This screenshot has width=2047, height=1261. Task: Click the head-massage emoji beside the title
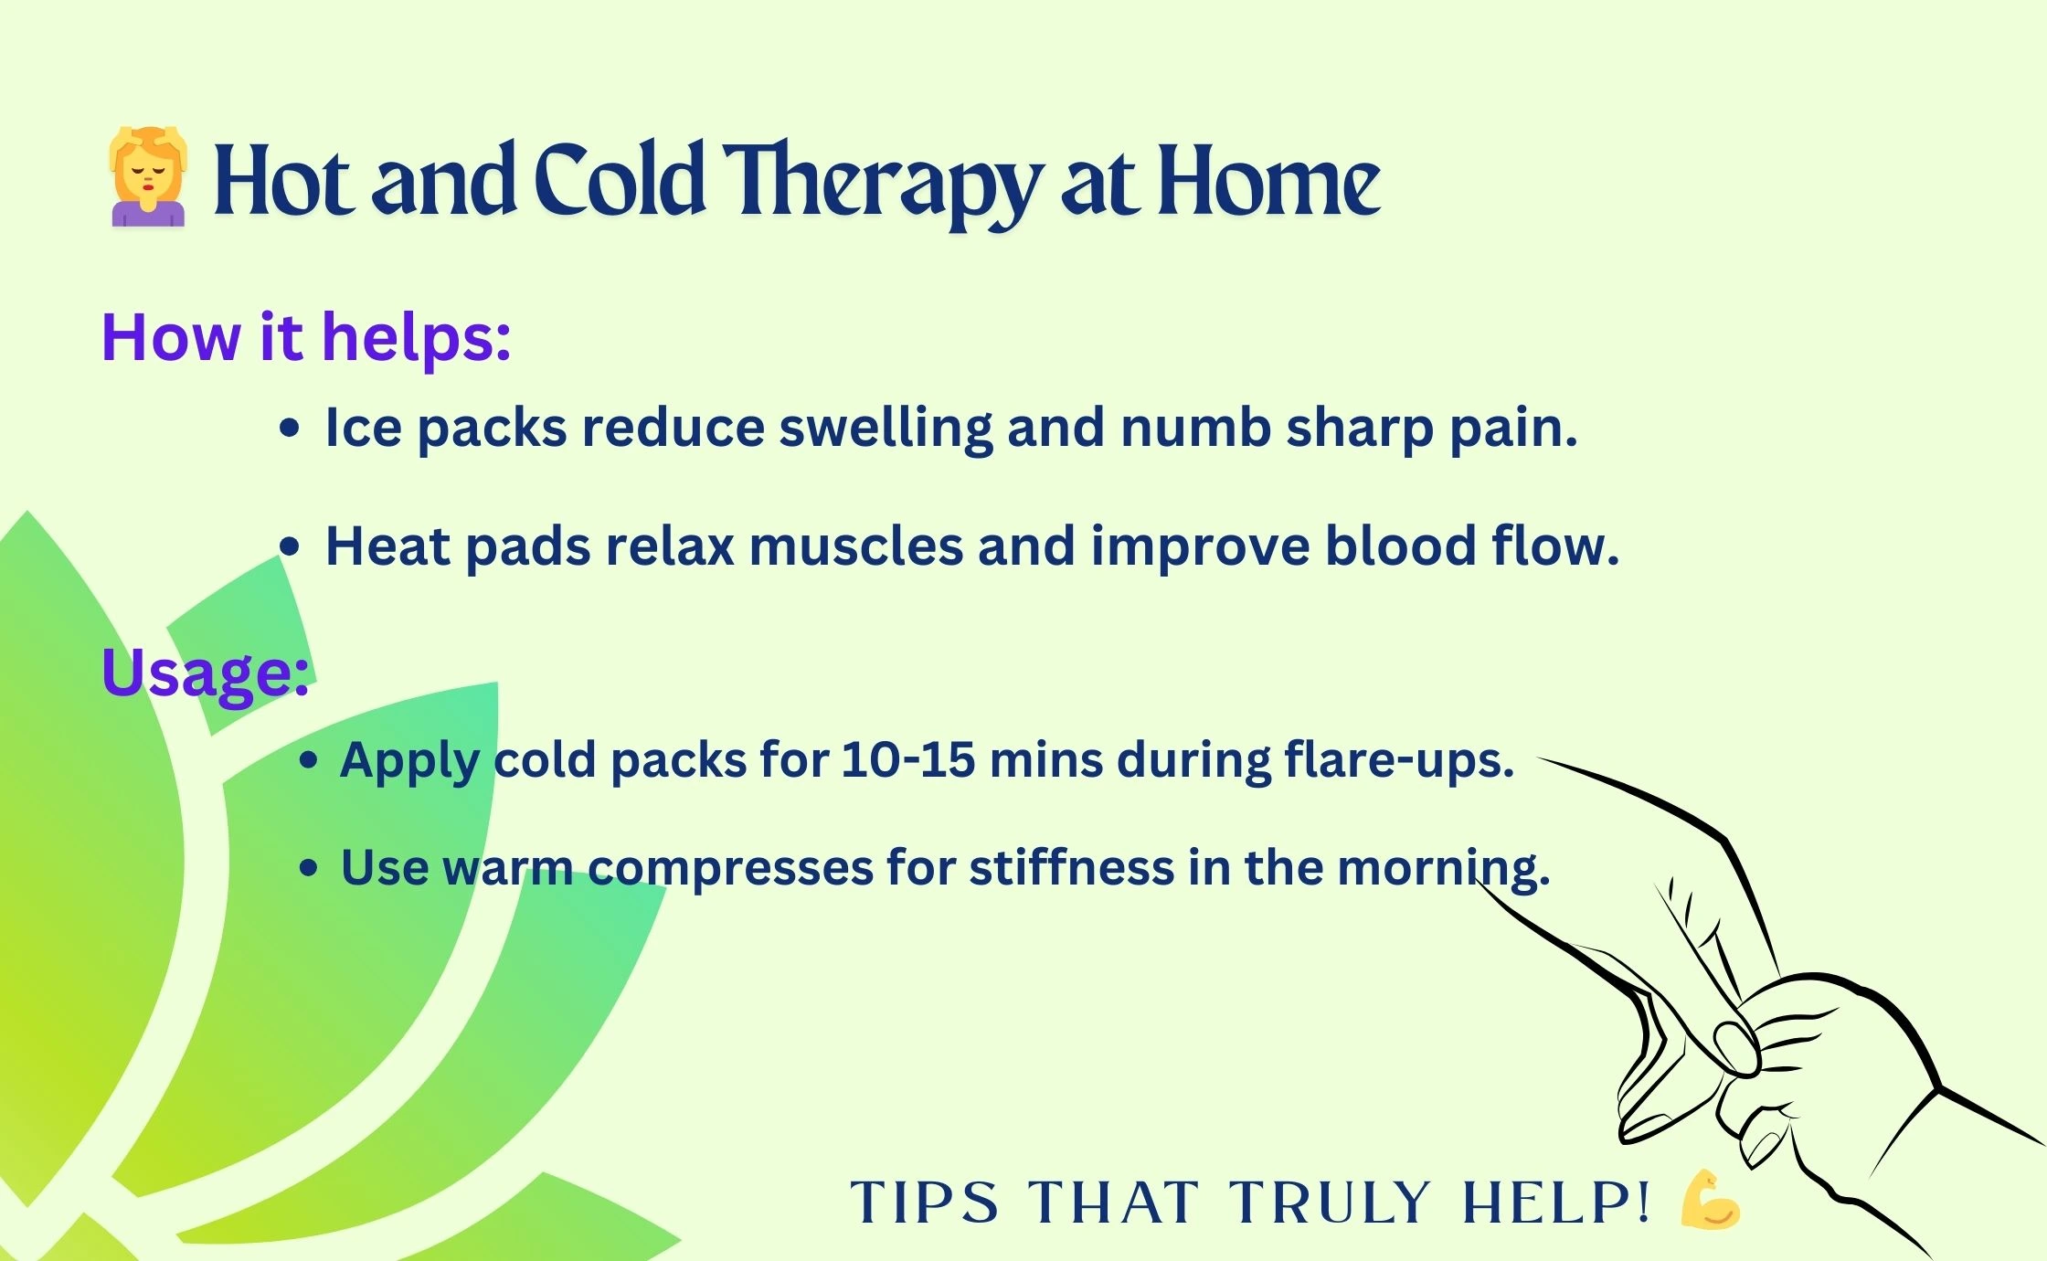pos(148,176)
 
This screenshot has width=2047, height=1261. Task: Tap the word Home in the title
pos(1269,181)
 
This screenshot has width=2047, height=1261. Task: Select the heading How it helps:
pos(305,337)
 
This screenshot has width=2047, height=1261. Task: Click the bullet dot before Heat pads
pos(290,546)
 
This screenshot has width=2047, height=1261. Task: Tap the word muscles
pos(856,546)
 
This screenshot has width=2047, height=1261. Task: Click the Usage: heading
pos(205,673)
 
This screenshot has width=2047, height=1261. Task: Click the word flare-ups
pos(1399,761)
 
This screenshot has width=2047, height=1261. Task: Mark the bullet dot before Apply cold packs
pos(309,760)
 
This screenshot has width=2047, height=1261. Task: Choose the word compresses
pos(730,869)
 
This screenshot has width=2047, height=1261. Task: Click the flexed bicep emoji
pos(1710,1199)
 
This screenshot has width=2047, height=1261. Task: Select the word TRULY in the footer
pos(1330,1202)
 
